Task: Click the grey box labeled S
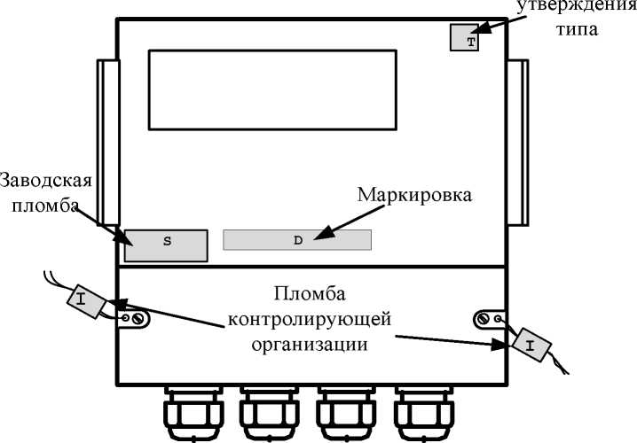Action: click(166, 245)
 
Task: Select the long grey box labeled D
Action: click(297, 240)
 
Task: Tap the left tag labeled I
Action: click(85, 300)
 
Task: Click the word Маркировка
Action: click(412, 193)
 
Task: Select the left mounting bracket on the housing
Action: click(106, 142)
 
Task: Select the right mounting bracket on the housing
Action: click(517, 142)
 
